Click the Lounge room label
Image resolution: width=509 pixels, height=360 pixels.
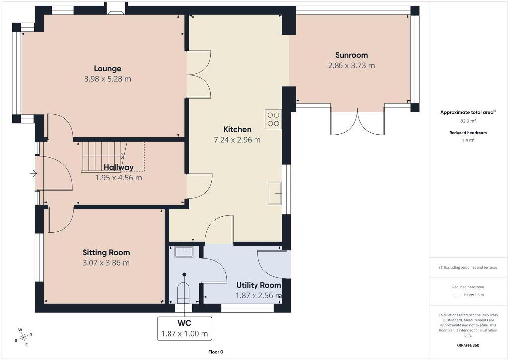tap(107, 69)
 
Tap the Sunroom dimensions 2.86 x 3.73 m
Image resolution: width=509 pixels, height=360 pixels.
tap(351, 66)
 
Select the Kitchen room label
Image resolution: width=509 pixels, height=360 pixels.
tap(237, 129)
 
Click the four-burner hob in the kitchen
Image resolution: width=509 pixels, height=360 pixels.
tap(273, 119)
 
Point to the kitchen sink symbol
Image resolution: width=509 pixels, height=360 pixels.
tap(275, 193)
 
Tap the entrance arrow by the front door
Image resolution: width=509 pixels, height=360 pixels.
tap(33, 174)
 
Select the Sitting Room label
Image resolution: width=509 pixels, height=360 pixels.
tap(106, 252)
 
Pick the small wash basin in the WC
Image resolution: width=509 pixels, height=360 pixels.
tap(184, 251)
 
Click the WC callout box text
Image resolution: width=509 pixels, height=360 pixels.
tap(184, 329)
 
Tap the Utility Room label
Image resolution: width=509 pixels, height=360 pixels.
tap(258, 285)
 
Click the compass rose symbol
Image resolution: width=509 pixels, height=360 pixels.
tap(24, 338)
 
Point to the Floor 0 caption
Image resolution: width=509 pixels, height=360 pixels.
tap(216, 352)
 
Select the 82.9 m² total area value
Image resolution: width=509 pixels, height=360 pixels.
tap(468, 121)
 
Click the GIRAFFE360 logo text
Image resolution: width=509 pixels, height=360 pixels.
tap(468, 345)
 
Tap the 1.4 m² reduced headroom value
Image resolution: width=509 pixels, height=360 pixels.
tap(468, 140)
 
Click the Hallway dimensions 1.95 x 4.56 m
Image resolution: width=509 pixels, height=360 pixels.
tap(118, 178)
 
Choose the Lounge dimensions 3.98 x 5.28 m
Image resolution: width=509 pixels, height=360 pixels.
tap(108, 79)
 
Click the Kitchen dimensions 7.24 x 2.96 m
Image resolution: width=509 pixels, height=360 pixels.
tap(237, 140)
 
